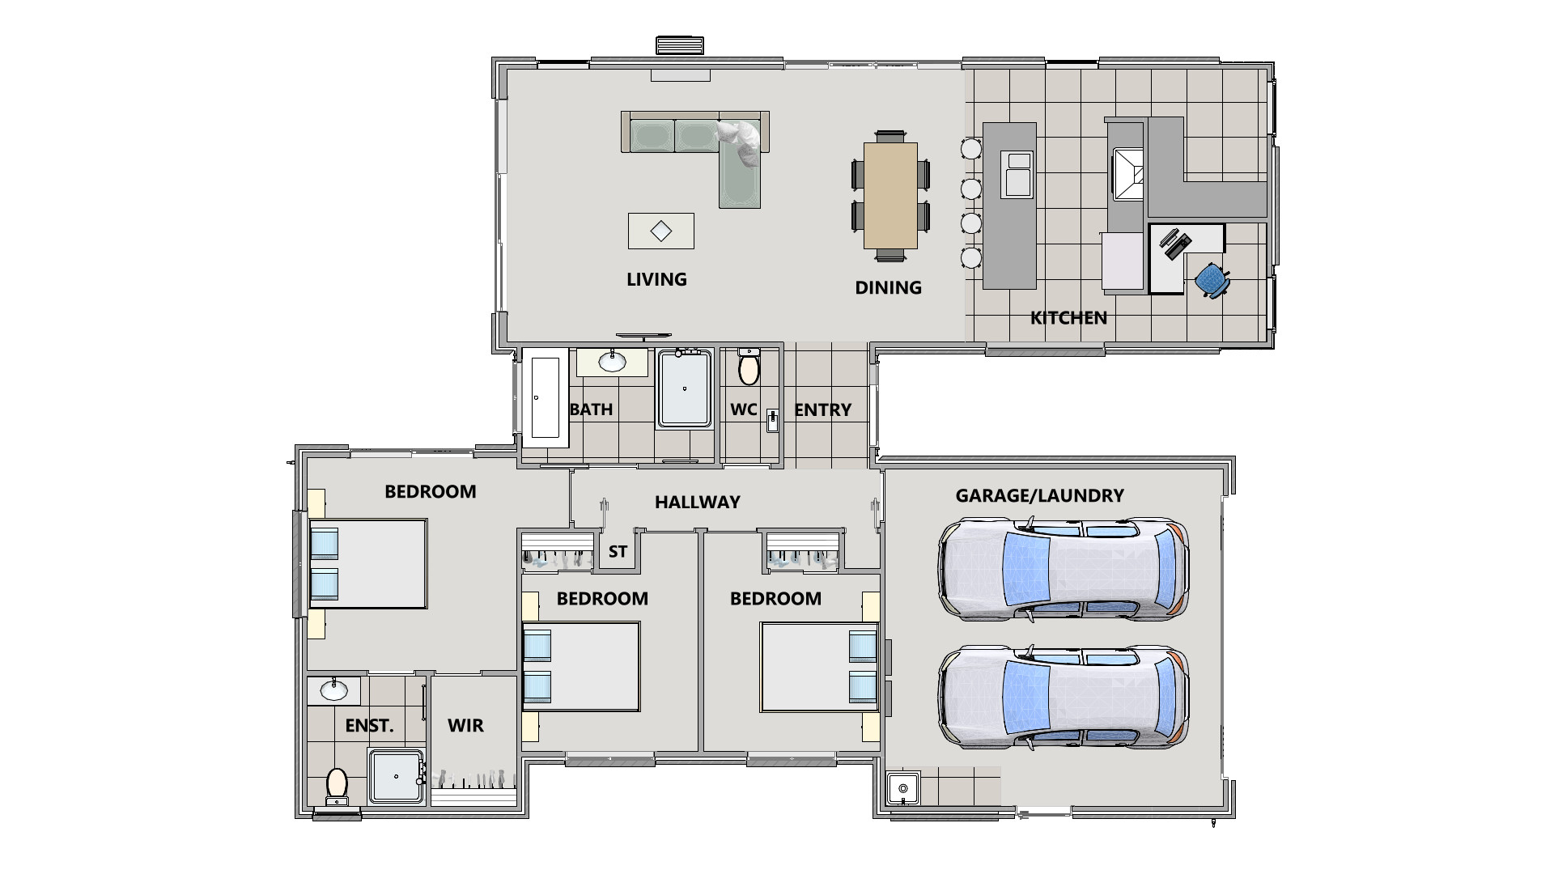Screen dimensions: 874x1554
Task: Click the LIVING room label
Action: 656,279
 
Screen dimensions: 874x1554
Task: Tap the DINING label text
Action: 888,287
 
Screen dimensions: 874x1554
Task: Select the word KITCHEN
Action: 1068,318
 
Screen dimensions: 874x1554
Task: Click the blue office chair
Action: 1211,280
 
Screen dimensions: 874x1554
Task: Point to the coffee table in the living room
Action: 661,231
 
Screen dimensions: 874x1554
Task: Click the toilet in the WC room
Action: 749,367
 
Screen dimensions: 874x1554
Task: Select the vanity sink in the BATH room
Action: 612,362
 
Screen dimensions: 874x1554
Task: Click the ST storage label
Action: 618,552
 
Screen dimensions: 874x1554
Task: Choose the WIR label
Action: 465,726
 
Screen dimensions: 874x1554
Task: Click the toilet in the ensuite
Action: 337,785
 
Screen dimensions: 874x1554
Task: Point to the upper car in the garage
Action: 1063,570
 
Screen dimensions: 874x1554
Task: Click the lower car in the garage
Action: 1063,698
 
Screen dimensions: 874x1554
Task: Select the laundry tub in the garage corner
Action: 902,788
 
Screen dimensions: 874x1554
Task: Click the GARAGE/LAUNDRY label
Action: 1039,496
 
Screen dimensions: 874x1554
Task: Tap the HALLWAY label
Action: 697,503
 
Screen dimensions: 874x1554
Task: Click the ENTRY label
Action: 822,410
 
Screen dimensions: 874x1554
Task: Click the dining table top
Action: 890,195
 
